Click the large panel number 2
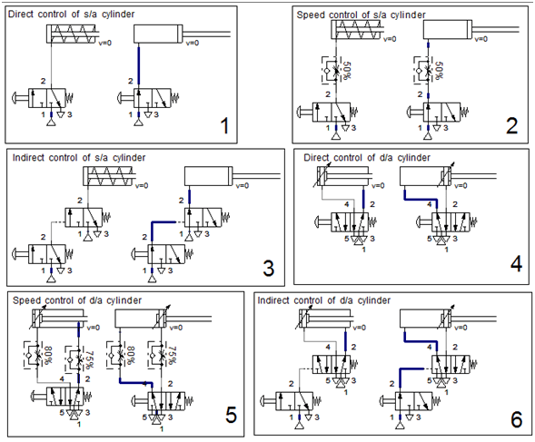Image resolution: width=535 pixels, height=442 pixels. tap(511, 124)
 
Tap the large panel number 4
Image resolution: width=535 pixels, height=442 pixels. tap(515, 264)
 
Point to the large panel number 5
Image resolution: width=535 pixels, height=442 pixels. tap(231, 415)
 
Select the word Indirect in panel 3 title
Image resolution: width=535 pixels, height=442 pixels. tap(32, 157)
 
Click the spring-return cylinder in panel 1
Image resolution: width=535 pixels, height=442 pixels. tap(67, 34)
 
